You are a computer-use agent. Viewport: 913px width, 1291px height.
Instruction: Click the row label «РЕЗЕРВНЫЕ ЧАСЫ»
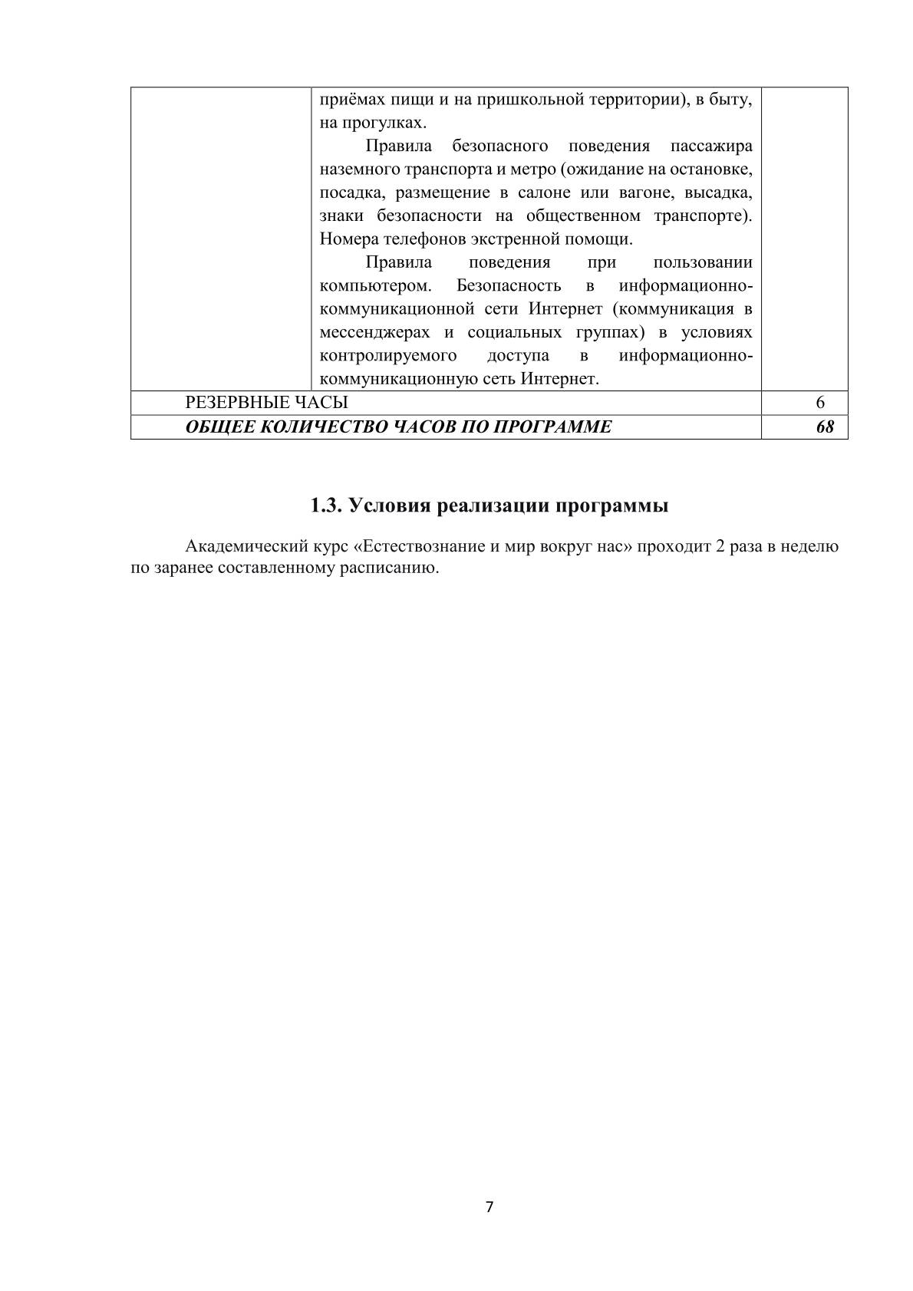pos(266,402)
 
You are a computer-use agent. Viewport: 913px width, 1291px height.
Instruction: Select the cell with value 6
pos(820,402)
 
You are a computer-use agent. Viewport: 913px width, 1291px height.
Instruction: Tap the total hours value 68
pos(825,426)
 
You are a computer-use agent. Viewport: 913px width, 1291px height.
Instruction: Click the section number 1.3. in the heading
pos(326,506)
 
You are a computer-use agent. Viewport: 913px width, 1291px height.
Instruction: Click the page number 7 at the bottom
pos(489,1207)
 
